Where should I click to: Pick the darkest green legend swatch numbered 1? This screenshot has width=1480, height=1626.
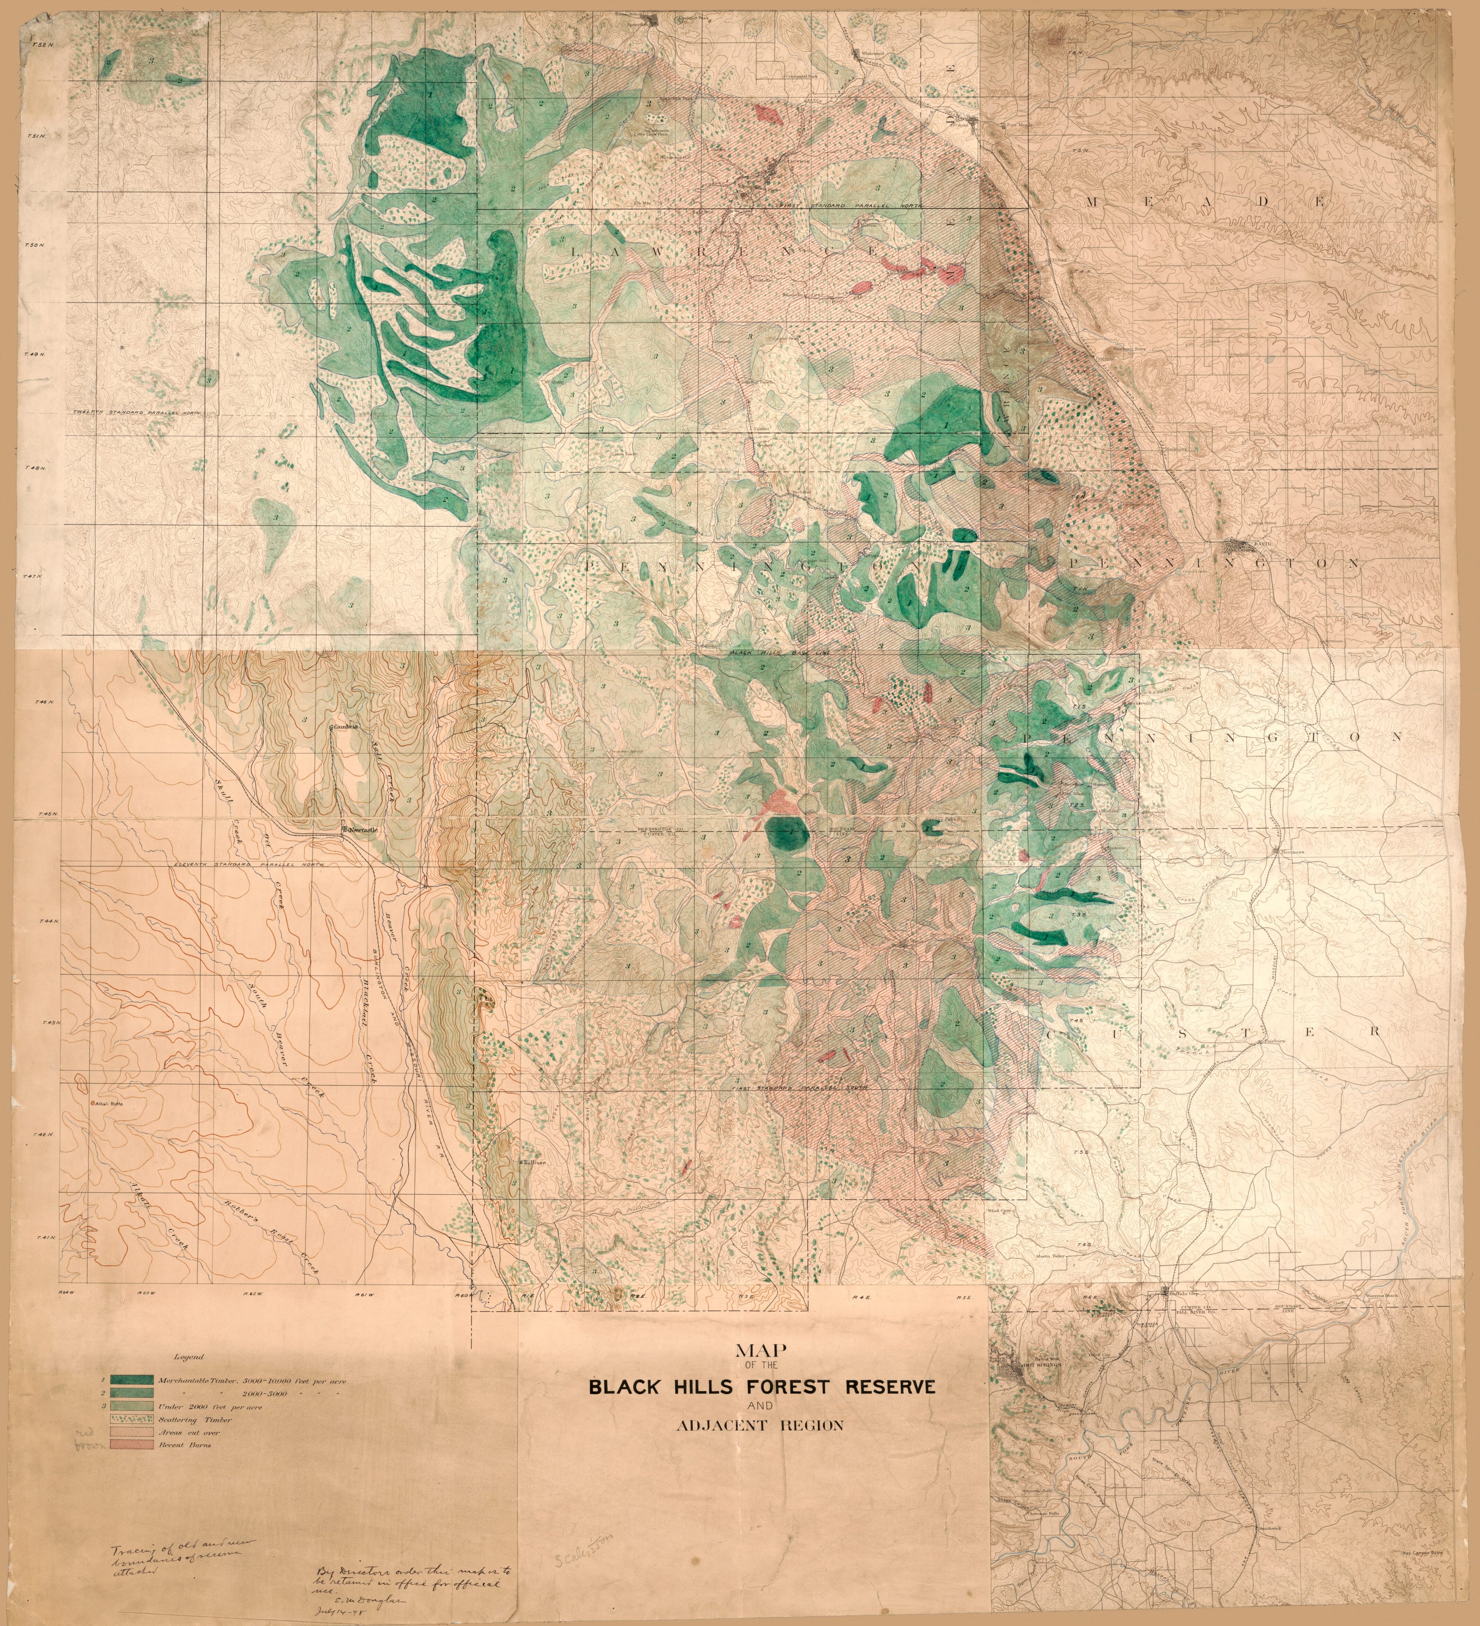[132, 1381]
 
